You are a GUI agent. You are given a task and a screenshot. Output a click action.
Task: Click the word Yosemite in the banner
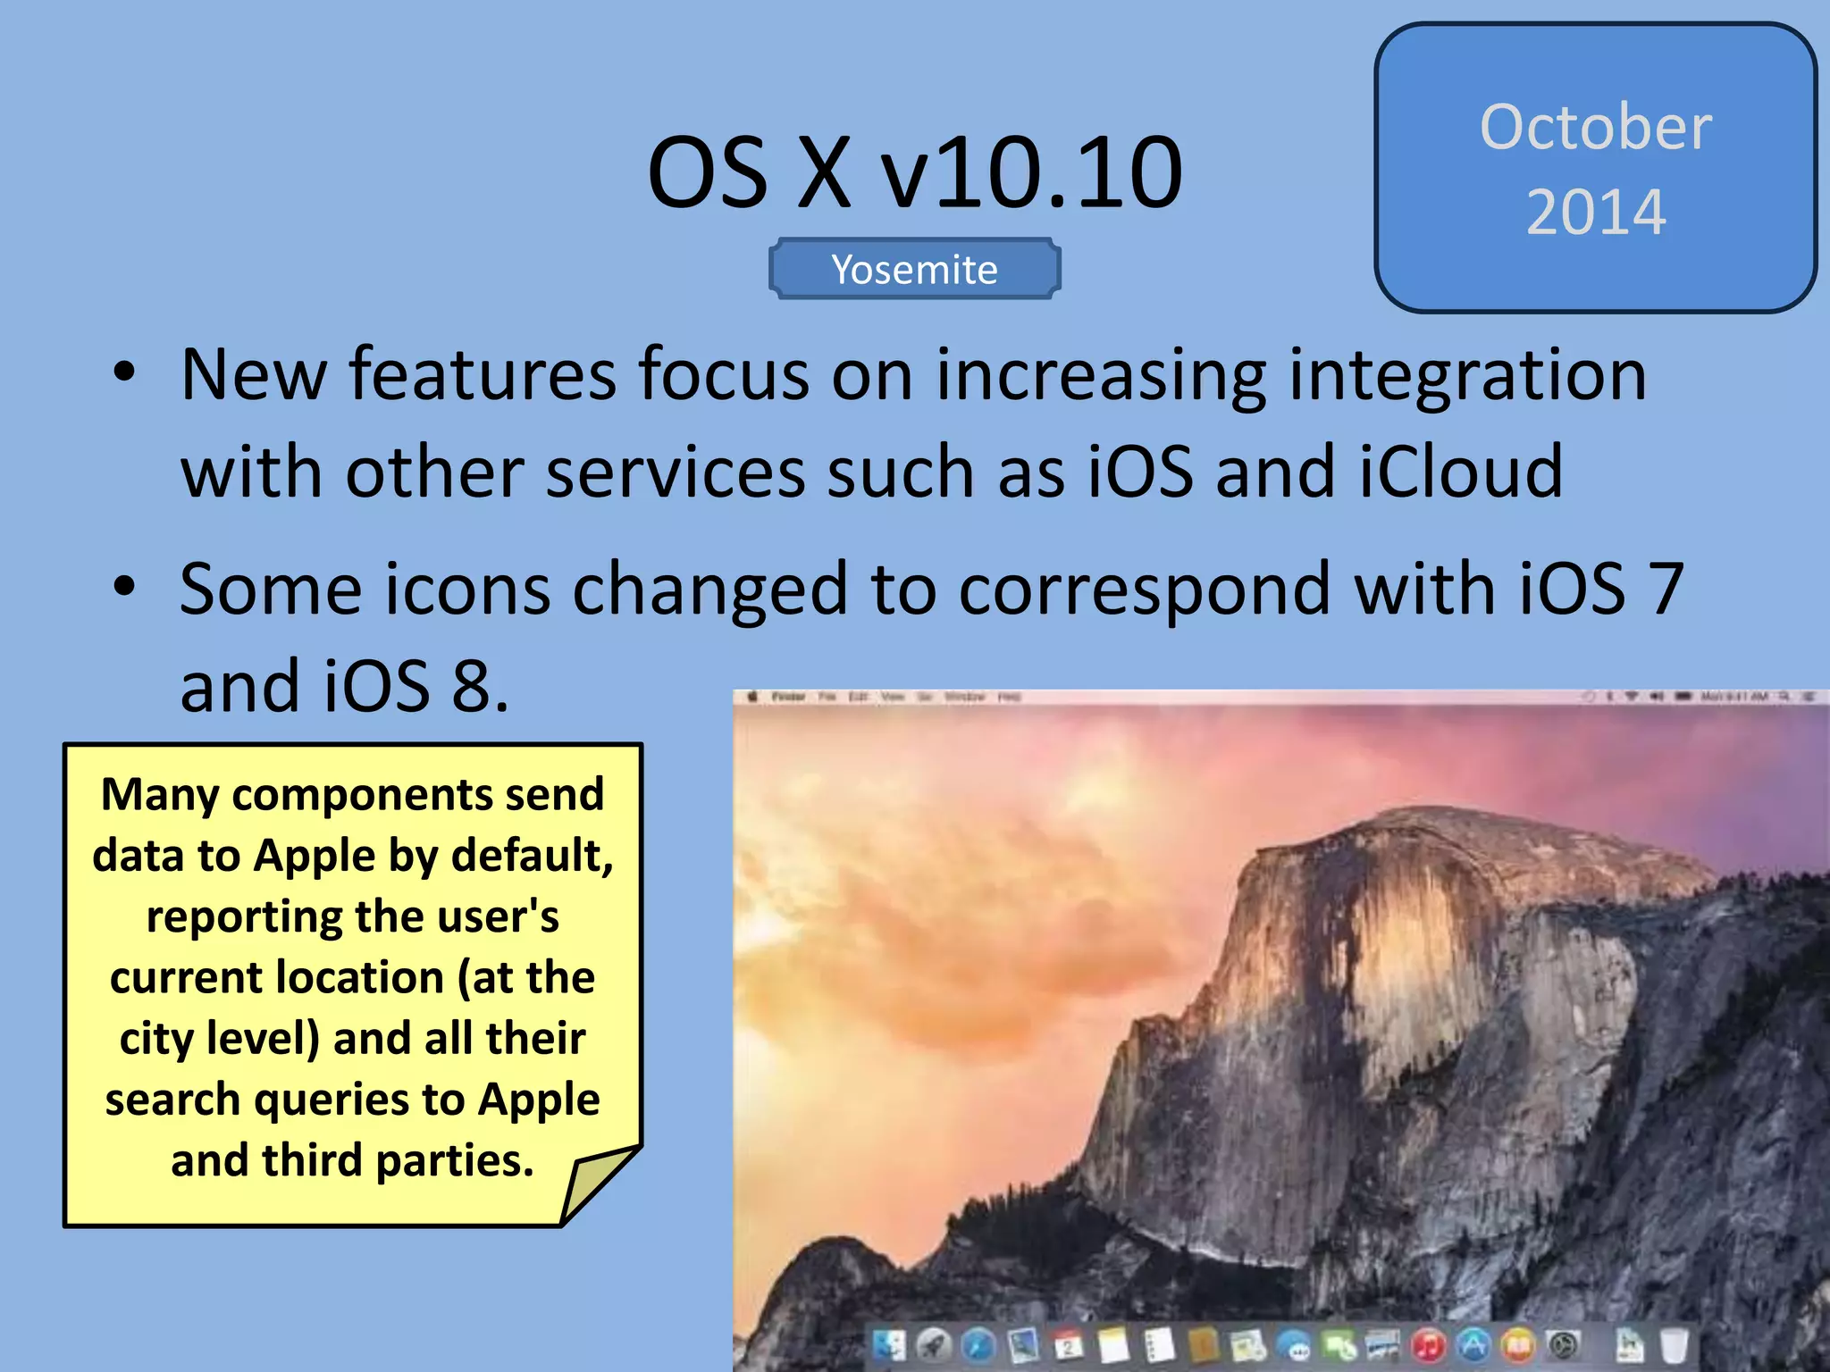[914, 270]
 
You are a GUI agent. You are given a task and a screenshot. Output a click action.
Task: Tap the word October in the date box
[1596, 127]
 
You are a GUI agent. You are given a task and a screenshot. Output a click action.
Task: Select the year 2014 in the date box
[1596, 213]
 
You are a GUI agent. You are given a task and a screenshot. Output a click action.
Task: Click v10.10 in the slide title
[1032, 171]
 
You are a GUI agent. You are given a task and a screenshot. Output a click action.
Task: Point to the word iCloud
[1461, 472]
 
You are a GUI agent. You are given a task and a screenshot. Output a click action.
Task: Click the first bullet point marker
[125, 373]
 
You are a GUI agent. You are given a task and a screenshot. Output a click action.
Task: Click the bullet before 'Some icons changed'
[125, 588]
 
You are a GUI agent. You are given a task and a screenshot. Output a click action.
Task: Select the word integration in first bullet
[1467, 375]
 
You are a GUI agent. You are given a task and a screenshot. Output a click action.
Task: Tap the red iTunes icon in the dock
[1429, 1344]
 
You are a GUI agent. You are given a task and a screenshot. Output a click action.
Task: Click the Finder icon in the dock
[889, 1345]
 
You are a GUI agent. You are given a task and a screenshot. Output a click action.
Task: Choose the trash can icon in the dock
[1673, 1345]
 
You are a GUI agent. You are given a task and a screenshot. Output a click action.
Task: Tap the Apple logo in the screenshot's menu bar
[752, 697]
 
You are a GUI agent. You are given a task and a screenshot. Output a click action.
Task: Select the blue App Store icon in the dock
[1473, 1344]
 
